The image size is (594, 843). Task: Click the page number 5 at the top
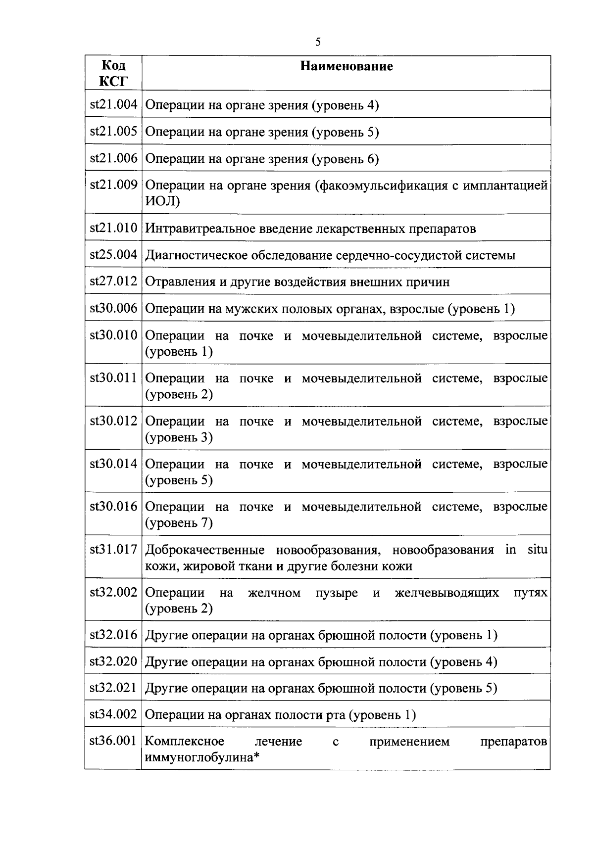pyautogui.click(x=318, y=42)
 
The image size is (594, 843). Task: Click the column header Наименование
pyautogui.click(x=346, y=66)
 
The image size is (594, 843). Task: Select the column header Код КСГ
pyautogui.click(x=113, y=73)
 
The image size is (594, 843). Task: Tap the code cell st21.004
pyautogui.click(x=113, y=105)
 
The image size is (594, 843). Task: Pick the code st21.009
pyautogui.click(x=113, y=185)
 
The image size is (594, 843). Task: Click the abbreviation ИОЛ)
pyautogui.click(x=163, y=201)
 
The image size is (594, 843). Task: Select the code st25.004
pyautogui.click(x=113, y=255)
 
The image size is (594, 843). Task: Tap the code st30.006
pyautogui.click(x=113, y=309)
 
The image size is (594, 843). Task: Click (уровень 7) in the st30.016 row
pyautogui.click(x=179, y=523)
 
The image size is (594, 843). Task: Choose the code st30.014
pyautogui.click(x=113, y=464)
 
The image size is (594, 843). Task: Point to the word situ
pyautogui.click(x=537, y=550)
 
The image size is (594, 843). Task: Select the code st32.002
pyautogui.click(x=113, y=593)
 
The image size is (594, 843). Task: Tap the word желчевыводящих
pyautogui.click(x=446, y=593)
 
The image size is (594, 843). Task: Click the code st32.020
pyautogui.click(x=113, y=661)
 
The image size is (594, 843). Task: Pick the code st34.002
pyautogui.click(x=113, y=714)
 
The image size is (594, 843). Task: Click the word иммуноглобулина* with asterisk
pyautogui.click(x=203, y=757)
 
